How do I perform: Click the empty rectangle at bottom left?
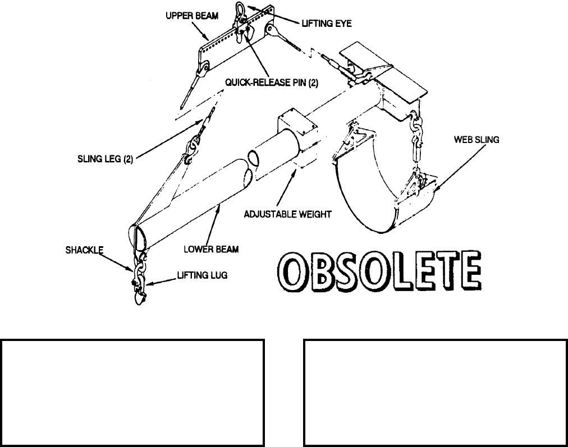tap(132, 390)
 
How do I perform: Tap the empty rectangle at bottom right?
tap(436, 390)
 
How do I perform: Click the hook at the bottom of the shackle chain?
tap(138, 297)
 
